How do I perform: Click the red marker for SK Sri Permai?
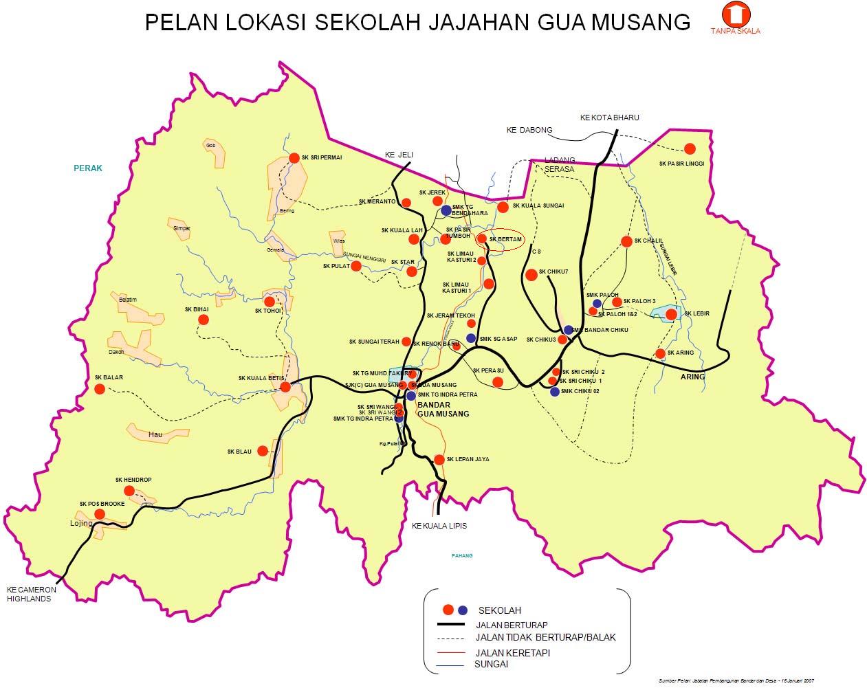[294, 157]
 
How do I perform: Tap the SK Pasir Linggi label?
[681, 164]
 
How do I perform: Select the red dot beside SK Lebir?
[671, 314]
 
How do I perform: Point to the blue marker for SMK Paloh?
[597, 303]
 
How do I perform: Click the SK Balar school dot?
[100, 388]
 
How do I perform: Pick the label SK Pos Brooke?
[102, 503]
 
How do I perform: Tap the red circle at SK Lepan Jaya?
[439, 459]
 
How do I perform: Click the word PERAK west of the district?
[88, 168]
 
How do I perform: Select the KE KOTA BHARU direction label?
[609, 118]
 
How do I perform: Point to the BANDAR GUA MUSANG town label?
[443, 410]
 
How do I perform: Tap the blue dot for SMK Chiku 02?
[555, 392]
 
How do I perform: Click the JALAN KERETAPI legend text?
[512, 652]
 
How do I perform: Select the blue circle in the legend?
[463, 610]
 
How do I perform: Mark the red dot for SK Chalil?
[626, 241]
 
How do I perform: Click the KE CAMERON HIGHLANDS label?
[32, 594]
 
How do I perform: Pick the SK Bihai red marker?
[204, 320]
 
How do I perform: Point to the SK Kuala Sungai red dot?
[503, 207]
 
